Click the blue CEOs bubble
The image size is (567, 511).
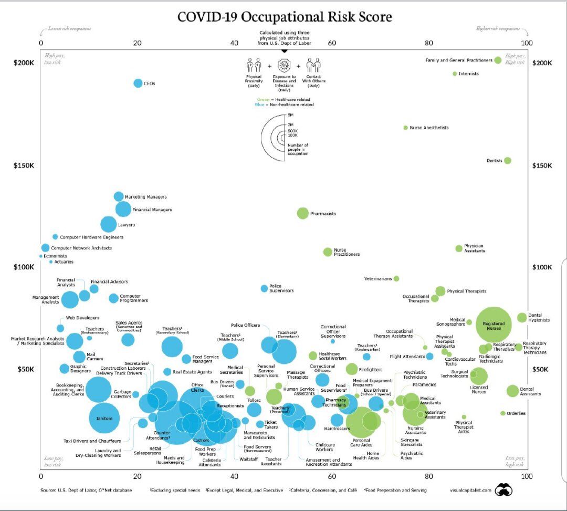point(138,83)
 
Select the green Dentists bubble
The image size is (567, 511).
point(507,160)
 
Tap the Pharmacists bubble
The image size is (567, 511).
point(302,213)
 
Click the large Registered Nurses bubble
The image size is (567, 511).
point(493,325)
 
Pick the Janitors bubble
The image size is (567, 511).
point(104,418)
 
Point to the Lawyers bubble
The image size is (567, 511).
point(108,224)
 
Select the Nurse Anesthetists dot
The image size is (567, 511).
point(405,128)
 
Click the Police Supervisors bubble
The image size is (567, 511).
point(264,288)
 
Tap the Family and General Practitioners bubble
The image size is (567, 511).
point(498,60)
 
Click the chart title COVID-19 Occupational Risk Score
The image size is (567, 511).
point(285,17)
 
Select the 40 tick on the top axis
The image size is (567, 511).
point(235,43)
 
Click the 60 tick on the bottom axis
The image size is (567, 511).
point(332,476)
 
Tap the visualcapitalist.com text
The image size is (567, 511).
point(470,490)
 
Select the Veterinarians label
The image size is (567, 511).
point(378,278)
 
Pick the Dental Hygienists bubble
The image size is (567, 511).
point(522,317)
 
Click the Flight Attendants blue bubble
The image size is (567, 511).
point(429,356)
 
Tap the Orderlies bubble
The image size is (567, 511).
point(503,413)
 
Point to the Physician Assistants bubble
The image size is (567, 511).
point(459,248)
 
